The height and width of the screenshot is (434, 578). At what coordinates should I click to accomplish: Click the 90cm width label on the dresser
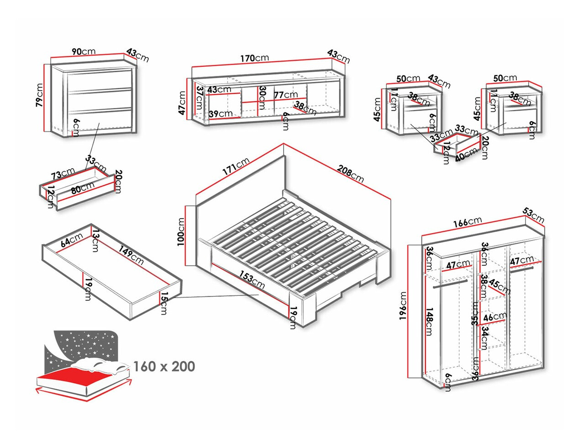[84, 51]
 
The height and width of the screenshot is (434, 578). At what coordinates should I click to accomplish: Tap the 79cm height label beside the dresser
[40, 95]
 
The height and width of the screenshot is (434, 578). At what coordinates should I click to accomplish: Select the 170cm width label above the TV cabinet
[255, 58]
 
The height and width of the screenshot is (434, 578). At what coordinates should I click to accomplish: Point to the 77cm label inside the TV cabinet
[286, 95]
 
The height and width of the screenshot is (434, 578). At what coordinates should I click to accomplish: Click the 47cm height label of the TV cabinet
[182, 103]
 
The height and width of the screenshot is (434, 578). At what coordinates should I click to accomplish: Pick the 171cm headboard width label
[236, 166]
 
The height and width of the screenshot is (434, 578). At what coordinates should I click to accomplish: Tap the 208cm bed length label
[351, 174]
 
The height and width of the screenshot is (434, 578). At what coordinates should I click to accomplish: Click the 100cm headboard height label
[181, 232]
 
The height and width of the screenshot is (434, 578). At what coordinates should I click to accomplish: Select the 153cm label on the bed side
[252, 280]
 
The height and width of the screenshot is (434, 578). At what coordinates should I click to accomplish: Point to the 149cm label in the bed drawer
[131, 255]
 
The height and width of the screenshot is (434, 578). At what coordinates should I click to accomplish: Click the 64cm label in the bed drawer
[72, 240]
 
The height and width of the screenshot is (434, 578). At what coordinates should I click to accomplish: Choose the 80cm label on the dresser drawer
[83, 188]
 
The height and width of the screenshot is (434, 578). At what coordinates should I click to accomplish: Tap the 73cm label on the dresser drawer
[63, 173]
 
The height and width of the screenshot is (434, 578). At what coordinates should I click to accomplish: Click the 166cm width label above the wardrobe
[468, 222]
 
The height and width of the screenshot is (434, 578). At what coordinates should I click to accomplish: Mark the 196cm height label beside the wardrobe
[403, 306]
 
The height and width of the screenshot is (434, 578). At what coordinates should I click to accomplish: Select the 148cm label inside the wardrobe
[429, 321]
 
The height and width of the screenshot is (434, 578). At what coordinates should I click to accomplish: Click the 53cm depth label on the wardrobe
[534, 215]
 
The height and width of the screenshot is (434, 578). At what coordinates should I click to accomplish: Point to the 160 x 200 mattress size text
[164, 366]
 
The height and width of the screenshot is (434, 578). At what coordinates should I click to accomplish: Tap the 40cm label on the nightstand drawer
[467, 154]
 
